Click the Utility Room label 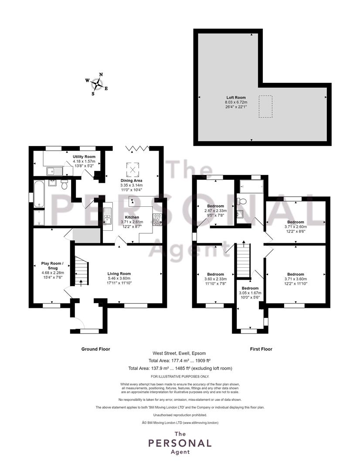[x=84, y=157]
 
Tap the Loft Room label [x=236, y=97]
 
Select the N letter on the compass [x=101, y=75]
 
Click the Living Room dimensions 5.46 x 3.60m [x=119, y=278]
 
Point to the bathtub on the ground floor [x=39, y=194]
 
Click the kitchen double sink [x=107, y=216]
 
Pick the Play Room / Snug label [x=53, y=266]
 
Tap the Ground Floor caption [x=96, y=349]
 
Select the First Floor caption [x=261, y=349]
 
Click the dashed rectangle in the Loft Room [x=265, y=107]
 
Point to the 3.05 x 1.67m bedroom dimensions [x=250, y=293]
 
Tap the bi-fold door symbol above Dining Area [x=138, y=148]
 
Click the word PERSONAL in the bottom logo [x=180, y=443]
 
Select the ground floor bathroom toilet [x=64, y=185]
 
